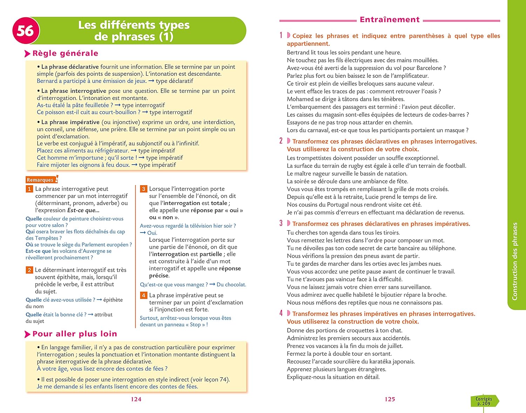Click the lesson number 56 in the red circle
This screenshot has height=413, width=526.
25,31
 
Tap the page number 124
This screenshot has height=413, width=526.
136,399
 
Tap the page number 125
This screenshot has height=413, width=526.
390,399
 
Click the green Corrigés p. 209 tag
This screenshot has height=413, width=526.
484,401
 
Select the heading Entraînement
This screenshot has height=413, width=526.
390,20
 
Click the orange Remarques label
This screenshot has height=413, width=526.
40,180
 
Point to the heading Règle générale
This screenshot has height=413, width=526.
65,53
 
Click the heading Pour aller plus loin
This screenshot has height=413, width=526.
75,334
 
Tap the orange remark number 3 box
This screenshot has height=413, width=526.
143,189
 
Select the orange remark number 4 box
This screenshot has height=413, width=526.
143,295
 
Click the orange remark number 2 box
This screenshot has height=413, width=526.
29,270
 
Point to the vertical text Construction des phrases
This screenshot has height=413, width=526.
515,261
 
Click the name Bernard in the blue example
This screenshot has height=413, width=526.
47,81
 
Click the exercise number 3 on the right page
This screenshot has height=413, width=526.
281,223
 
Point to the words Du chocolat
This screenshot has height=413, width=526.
231,285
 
